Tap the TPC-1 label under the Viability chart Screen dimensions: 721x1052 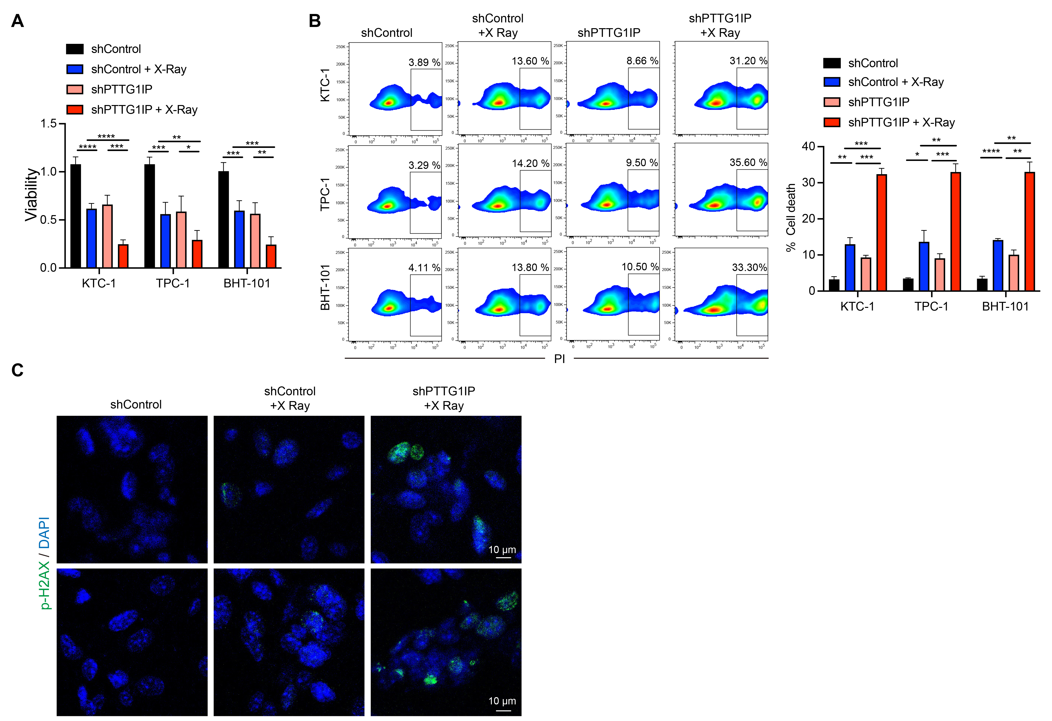(172, 283)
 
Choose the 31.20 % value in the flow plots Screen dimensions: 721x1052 (748, 61)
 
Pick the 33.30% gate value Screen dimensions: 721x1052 (749, 267)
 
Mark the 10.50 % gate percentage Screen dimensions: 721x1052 (640, 267)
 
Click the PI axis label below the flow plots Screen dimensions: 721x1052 (560, 359)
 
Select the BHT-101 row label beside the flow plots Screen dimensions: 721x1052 (325, 287)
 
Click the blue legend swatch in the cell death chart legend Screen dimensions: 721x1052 (832, 82)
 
